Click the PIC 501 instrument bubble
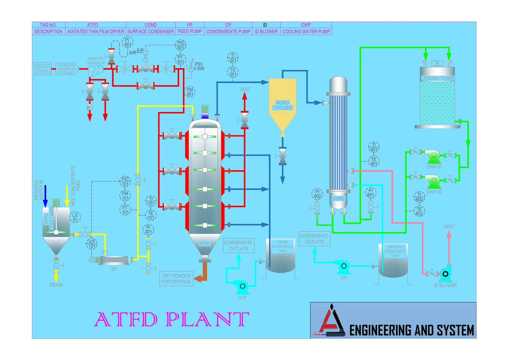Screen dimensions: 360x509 pos(181,45)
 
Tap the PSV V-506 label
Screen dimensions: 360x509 pos(199,66)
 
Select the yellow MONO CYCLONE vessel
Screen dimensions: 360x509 pos(282,102)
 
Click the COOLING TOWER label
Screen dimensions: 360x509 pos(437,78)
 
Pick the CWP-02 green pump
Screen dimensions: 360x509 pos(433,181)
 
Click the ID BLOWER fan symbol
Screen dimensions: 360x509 pos(445,273)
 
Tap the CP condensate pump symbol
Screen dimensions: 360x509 pos(344,266)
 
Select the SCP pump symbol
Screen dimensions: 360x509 pos(242,286)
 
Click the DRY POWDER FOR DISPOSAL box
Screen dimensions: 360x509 pos(176,279)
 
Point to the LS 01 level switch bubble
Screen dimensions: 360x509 pos(75,217)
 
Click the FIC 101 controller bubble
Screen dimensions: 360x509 pos(125,181)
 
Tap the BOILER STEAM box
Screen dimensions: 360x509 pos(42,69)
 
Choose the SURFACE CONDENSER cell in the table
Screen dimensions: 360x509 pos(150,32)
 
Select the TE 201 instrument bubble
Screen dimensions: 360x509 pos(233,72)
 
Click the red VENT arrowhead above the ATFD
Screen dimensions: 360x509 pos(244,96)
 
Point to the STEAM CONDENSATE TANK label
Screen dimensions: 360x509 pos(282,247)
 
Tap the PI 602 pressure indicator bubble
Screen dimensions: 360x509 pos(317,194)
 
